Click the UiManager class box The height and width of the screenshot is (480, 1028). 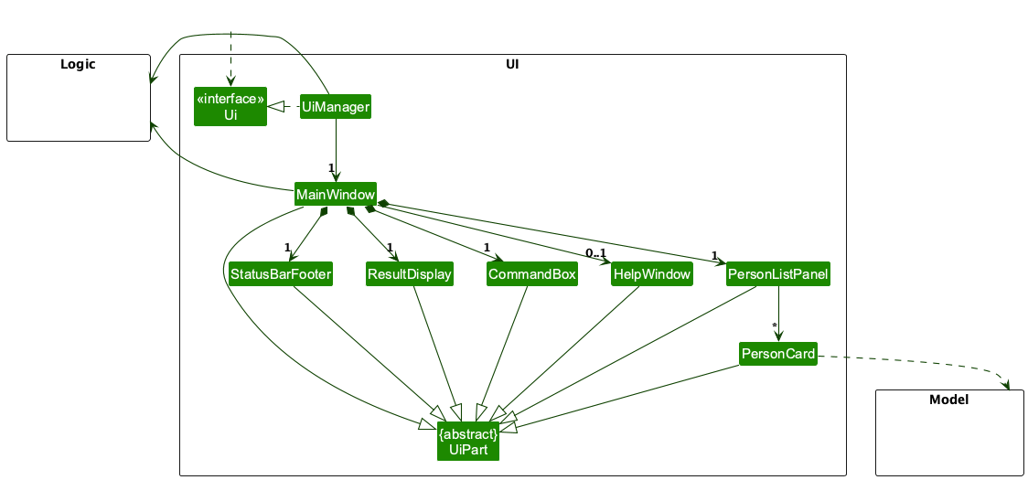336,108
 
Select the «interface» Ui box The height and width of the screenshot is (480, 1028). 230,107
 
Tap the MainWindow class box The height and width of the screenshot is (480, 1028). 336,195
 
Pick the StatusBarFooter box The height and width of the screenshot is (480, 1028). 281,274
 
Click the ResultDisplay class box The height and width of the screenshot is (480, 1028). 410,274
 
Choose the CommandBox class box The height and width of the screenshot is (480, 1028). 532,274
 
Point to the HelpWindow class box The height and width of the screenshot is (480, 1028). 652,274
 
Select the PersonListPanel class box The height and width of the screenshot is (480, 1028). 778,274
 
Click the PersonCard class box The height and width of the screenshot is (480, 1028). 778,354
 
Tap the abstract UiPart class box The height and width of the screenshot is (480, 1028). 468,442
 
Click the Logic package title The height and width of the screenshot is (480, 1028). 78,64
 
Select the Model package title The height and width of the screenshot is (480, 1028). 948,400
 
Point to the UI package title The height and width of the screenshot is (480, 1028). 512,64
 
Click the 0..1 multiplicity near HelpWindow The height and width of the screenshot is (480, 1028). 596,253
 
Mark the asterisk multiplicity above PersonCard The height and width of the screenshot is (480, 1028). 774,326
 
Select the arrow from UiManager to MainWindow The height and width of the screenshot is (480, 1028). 336,146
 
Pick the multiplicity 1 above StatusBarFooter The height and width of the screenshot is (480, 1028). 287,248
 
